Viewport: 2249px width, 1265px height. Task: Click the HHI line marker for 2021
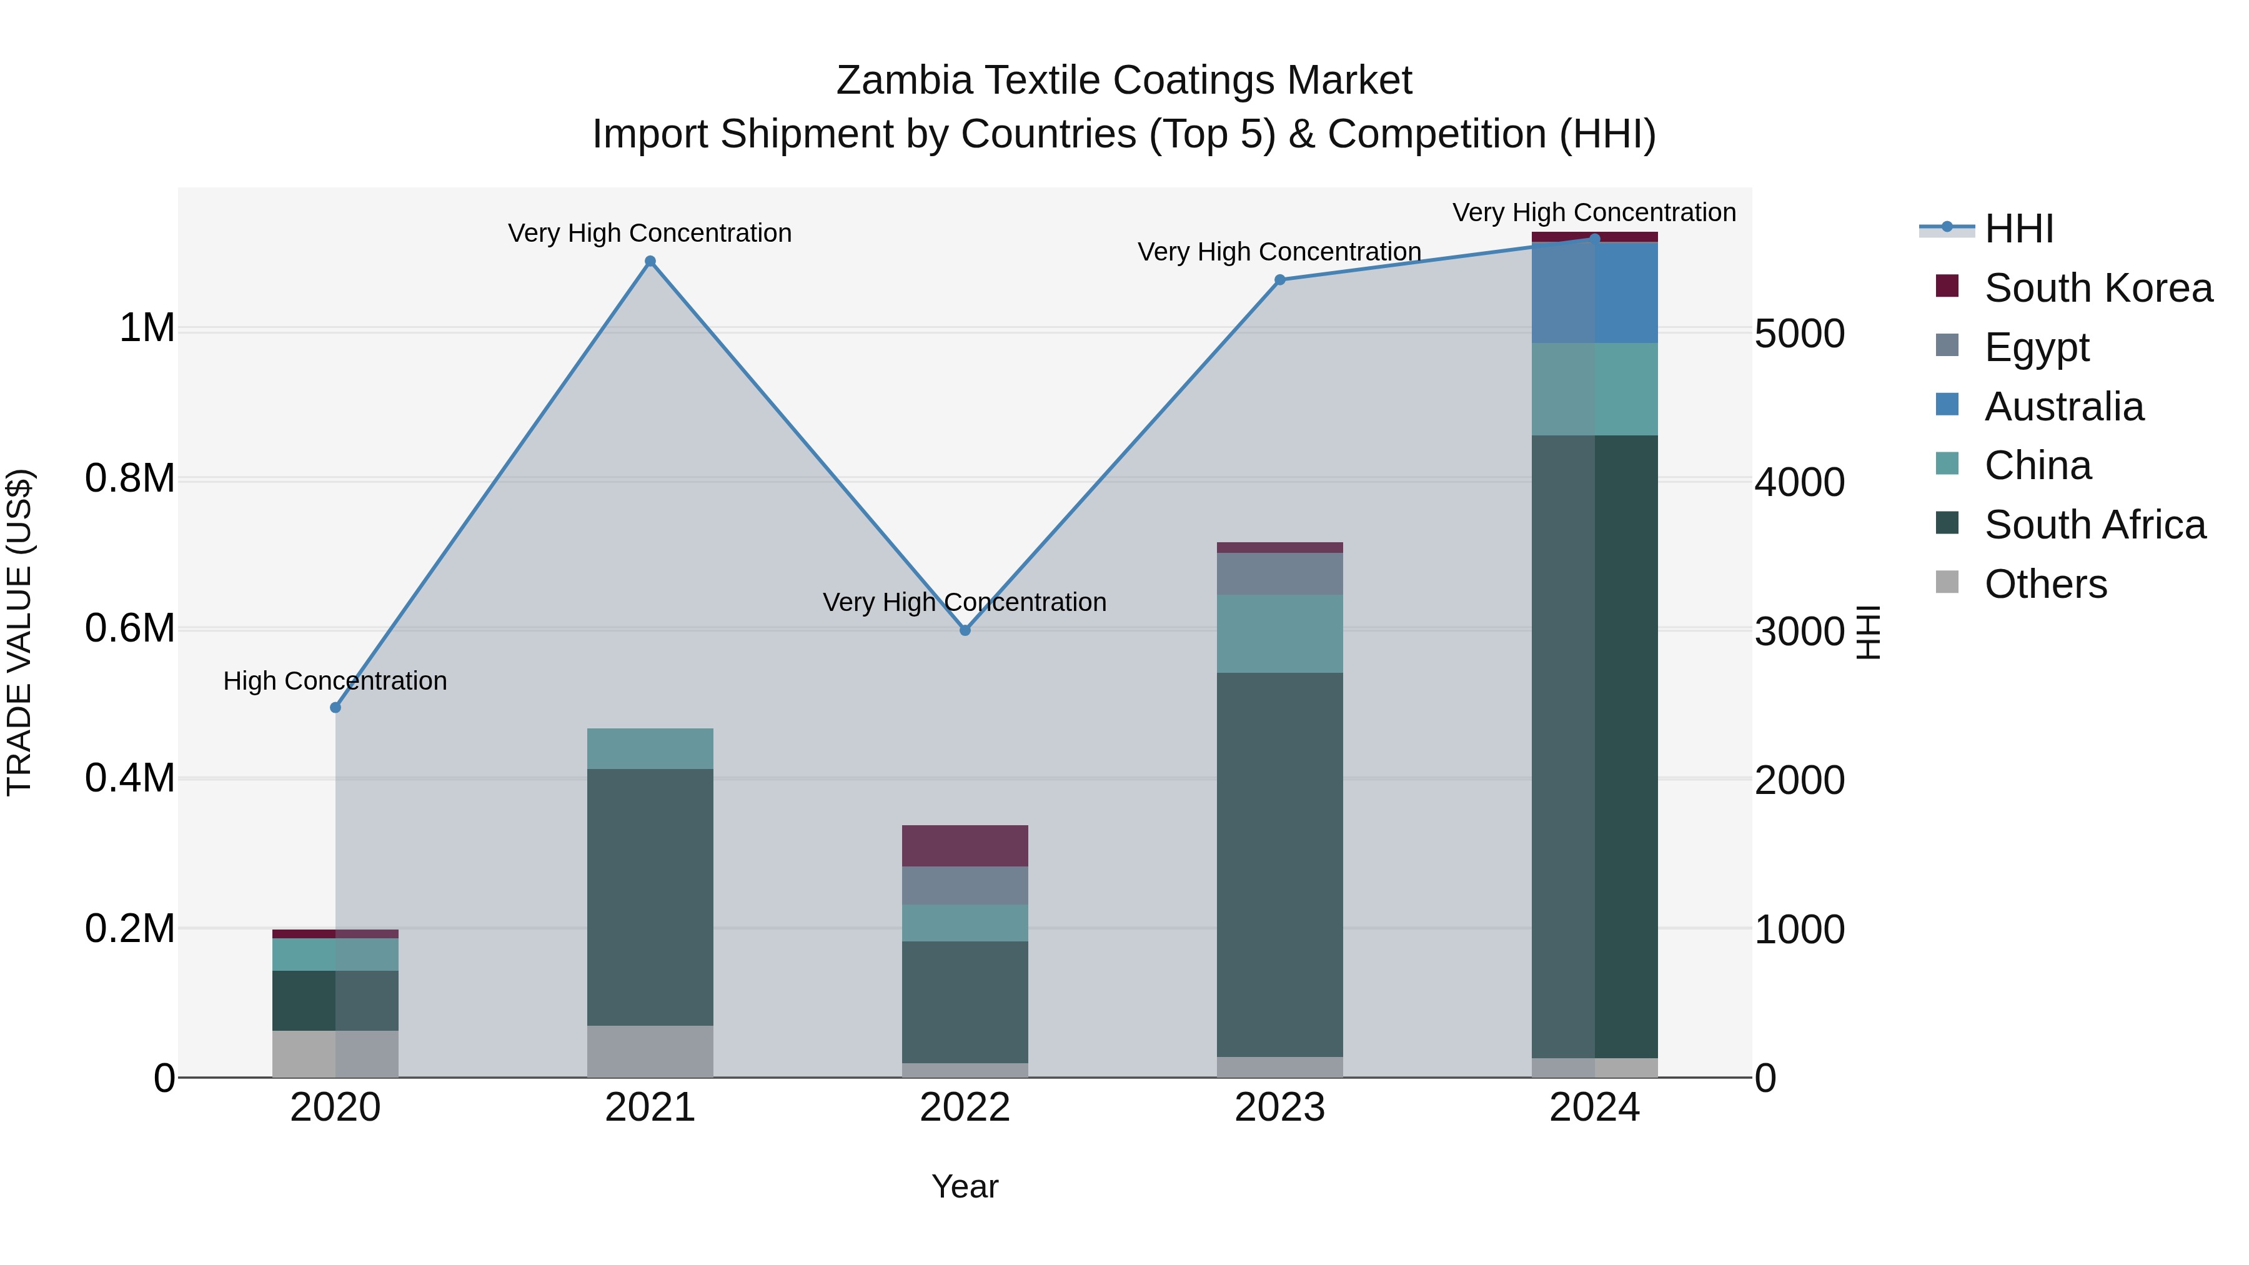tap(650, 261)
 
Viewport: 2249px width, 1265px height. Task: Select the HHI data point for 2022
tap(965, 630)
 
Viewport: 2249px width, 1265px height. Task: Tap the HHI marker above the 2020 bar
tap(335, 707)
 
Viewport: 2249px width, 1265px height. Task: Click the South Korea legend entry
tap(2097, 288)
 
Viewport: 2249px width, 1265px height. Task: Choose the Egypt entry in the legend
tap(2036, 347)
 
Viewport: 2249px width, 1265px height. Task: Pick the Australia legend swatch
tap(1947, 405)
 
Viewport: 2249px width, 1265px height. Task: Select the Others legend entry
tap(2045, 584)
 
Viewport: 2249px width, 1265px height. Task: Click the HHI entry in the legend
tap(2018, 229)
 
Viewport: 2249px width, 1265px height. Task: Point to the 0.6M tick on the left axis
tap(130, 628)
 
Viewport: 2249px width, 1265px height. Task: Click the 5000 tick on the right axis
tap(1799, 334)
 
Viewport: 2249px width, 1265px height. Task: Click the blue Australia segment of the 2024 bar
tap(1594, 292)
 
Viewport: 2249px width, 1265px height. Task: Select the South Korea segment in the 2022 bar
tap(965, 845)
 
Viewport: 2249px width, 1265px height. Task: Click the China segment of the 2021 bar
tap(650, 748)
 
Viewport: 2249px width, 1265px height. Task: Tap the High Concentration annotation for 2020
tap(335, 681)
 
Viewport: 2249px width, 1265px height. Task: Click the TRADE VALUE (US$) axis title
tap(19, 632)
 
